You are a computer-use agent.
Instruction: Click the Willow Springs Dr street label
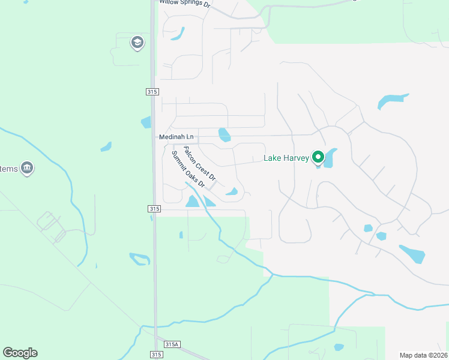pos(185,3)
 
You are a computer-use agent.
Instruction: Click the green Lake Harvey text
pos(286,158)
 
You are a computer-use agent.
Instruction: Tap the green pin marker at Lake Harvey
pos(318,158)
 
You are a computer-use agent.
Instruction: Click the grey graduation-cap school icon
pos(137,43)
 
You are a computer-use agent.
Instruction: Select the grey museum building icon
pos(26,168)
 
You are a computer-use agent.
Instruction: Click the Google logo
pos(20,353)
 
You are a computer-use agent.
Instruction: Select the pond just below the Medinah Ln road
pos(224,135)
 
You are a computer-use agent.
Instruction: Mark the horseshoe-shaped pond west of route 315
pos(139,259)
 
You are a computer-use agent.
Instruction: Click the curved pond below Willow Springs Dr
pos(178,35)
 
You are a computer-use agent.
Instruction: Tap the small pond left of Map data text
pos(339,347)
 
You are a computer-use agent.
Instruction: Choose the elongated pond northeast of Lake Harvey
pos(392,100)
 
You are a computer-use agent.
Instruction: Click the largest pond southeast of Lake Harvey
pos(412,254)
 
